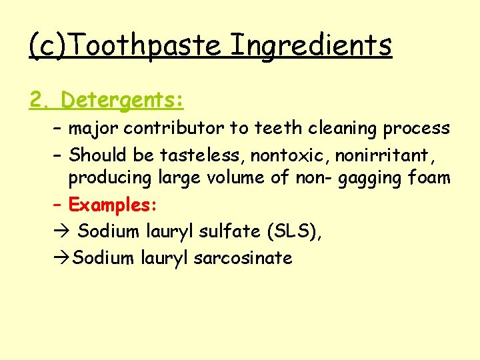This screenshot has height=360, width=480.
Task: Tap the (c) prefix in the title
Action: [x=48, y=45]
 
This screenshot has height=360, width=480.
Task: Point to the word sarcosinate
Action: [x=243, y=257]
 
